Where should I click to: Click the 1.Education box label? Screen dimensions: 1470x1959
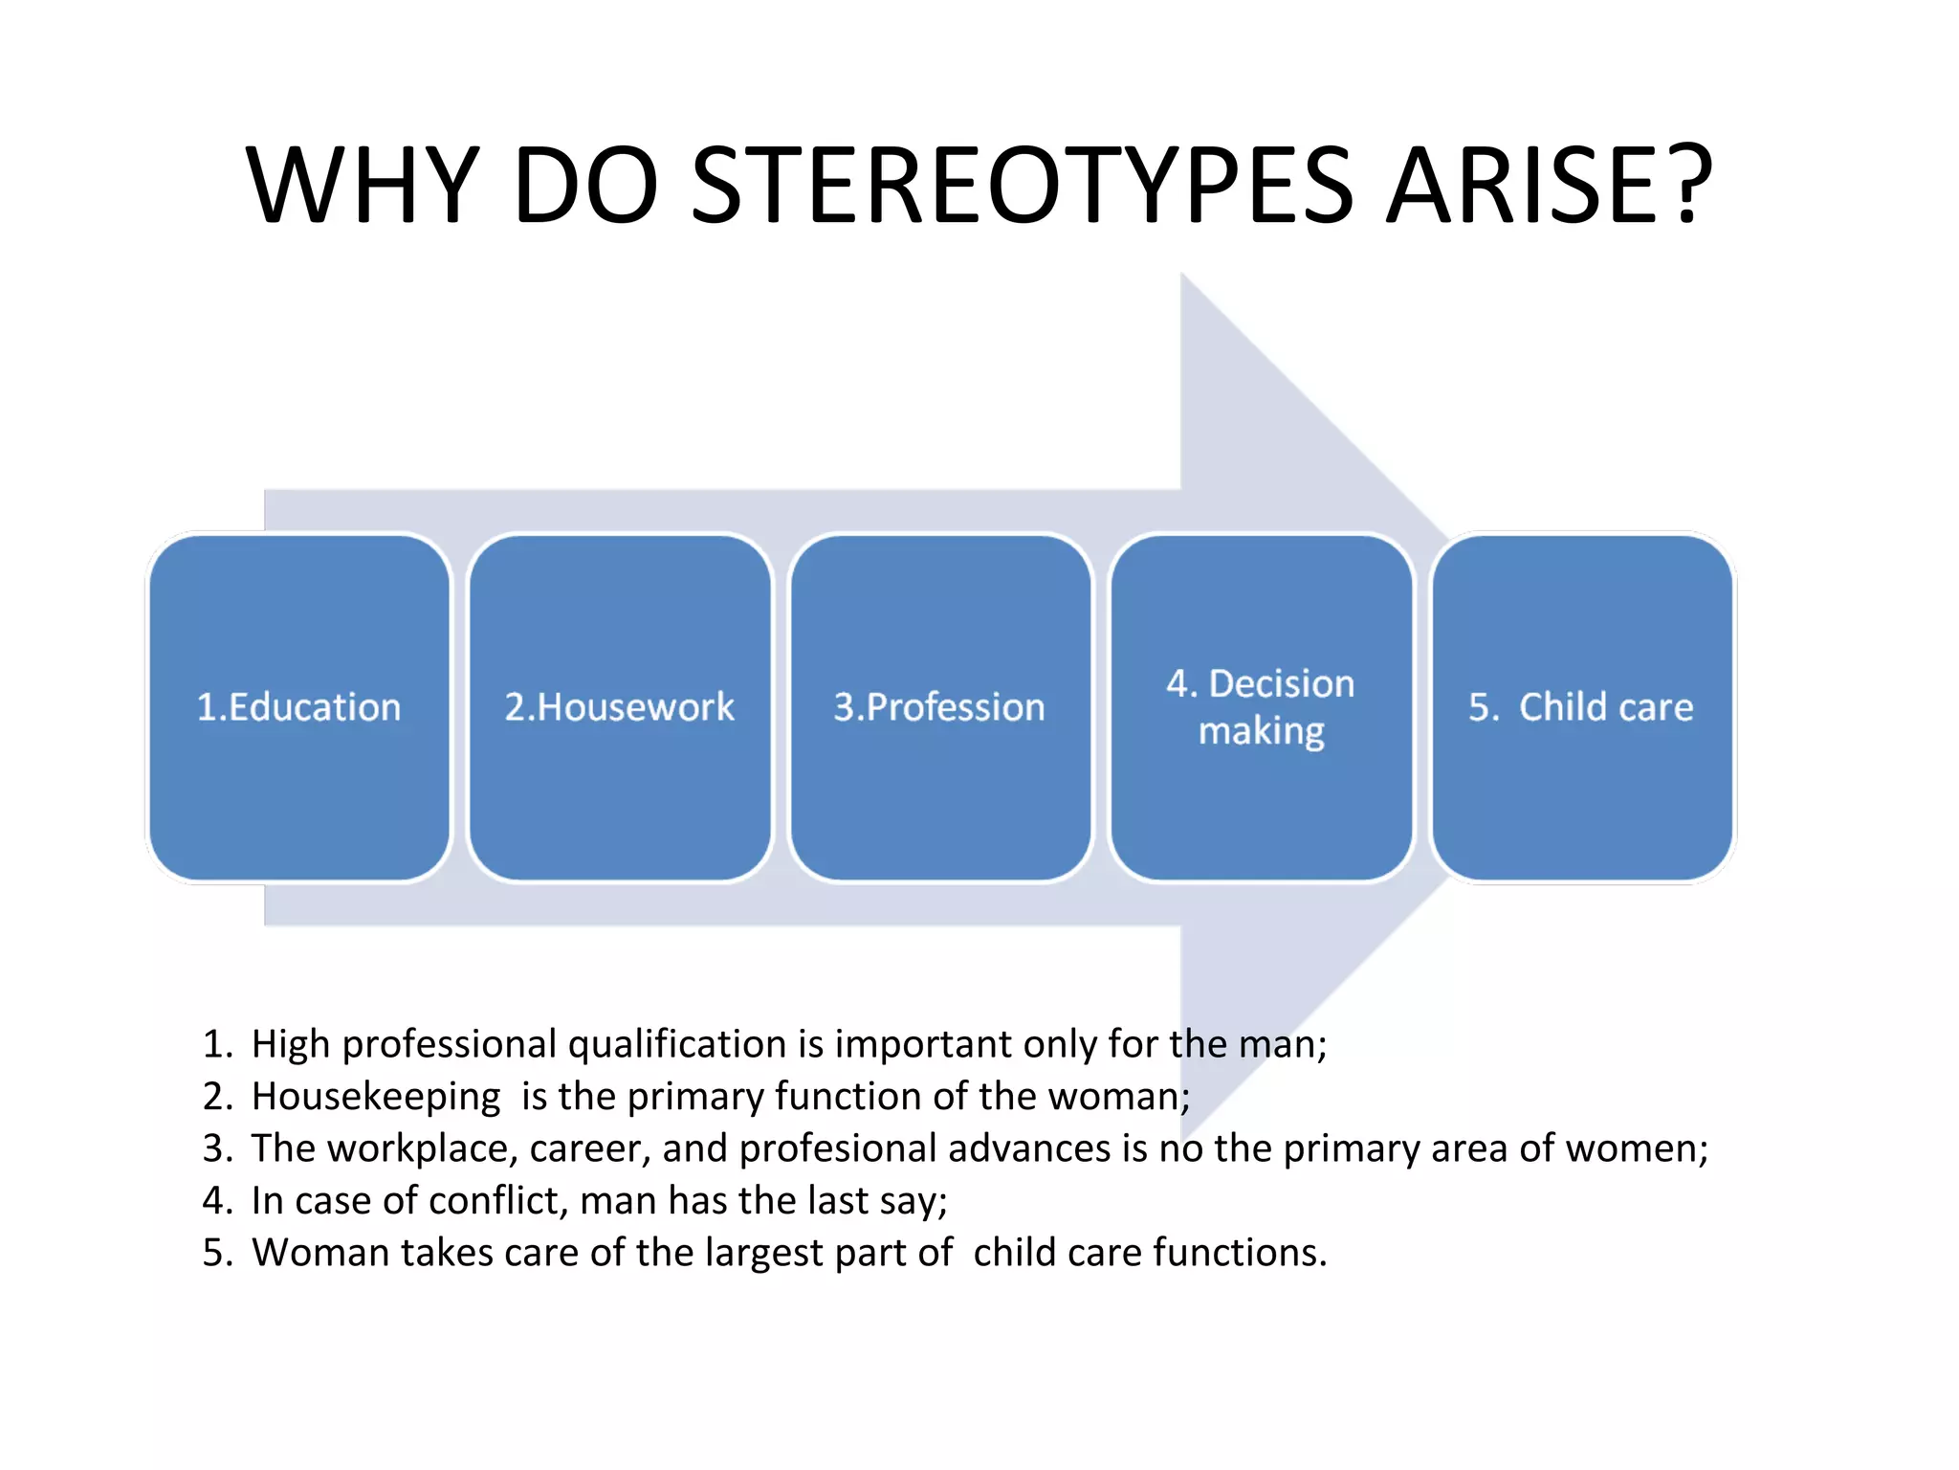298,707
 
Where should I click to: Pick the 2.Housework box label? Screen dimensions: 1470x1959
619,707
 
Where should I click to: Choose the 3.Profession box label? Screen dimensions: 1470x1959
939,707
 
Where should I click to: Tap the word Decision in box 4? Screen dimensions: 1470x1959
1281,683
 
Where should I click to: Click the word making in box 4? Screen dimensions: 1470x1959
1261,731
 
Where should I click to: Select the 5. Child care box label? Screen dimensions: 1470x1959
1581,707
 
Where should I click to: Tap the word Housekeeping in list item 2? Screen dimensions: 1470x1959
376,1097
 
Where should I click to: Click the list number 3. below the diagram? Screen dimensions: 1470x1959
218,1148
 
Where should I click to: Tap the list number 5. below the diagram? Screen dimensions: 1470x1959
218,1253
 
